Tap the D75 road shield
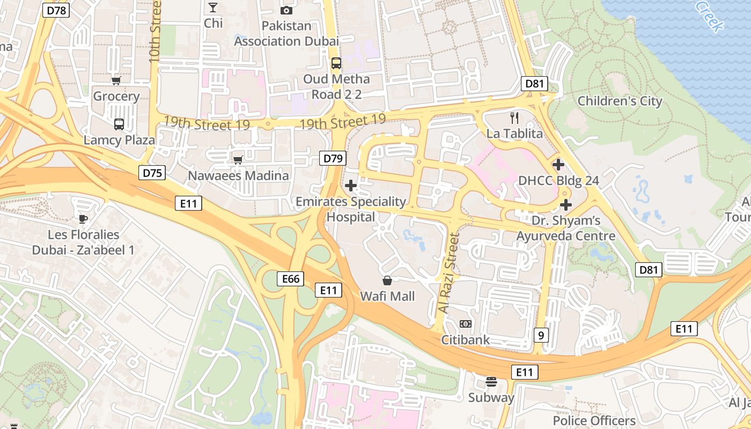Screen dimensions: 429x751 [x=152, y=173]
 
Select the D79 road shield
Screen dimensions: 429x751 [x=333, y=158]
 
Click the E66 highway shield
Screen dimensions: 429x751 [x=291, y=279]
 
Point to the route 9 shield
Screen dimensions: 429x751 [x=541, y=336]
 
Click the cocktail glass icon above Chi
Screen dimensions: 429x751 [x=213, y=8]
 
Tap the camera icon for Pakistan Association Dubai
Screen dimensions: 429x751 [x=286, y=10]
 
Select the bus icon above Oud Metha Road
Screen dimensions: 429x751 [x=336, y=63]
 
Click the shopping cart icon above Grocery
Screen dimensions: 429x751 [x=116, y=81]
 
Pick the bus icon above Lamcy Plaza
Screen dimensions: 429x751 [x=119, y=124]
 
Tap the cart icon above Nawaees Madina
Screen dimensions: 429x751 [x=238, y=160]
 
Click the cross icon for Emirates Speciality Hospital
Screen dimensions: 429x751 [x=351, y=186]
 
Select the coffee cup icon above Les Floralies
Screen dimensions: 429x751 [x=83, y=219]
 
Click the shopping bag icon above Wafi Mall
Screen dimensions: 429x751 [x=387, y=280]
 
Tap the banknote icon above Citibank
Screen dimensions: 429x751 [x=466, y=324]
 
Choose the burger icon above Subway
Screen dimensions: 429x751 [x=491, y=382]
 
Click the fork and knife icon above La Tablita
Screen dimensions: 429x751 [x=514, y=117]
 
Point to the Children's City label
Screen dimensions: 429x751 [x=620, y=101]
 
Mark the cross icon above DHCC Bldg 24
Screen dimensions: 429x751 [x=558, y=165]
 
